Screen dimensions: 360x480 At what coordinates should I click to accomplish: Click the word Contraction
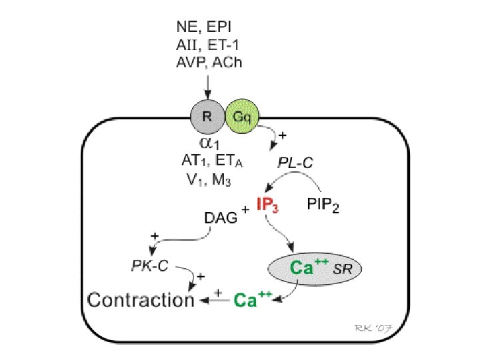[141, 300]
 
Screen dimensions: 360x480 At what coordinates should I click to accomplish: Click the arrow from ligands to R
[207, 85]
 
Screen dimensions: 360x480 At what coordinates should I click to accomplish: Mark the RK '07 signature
[373, 327]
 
